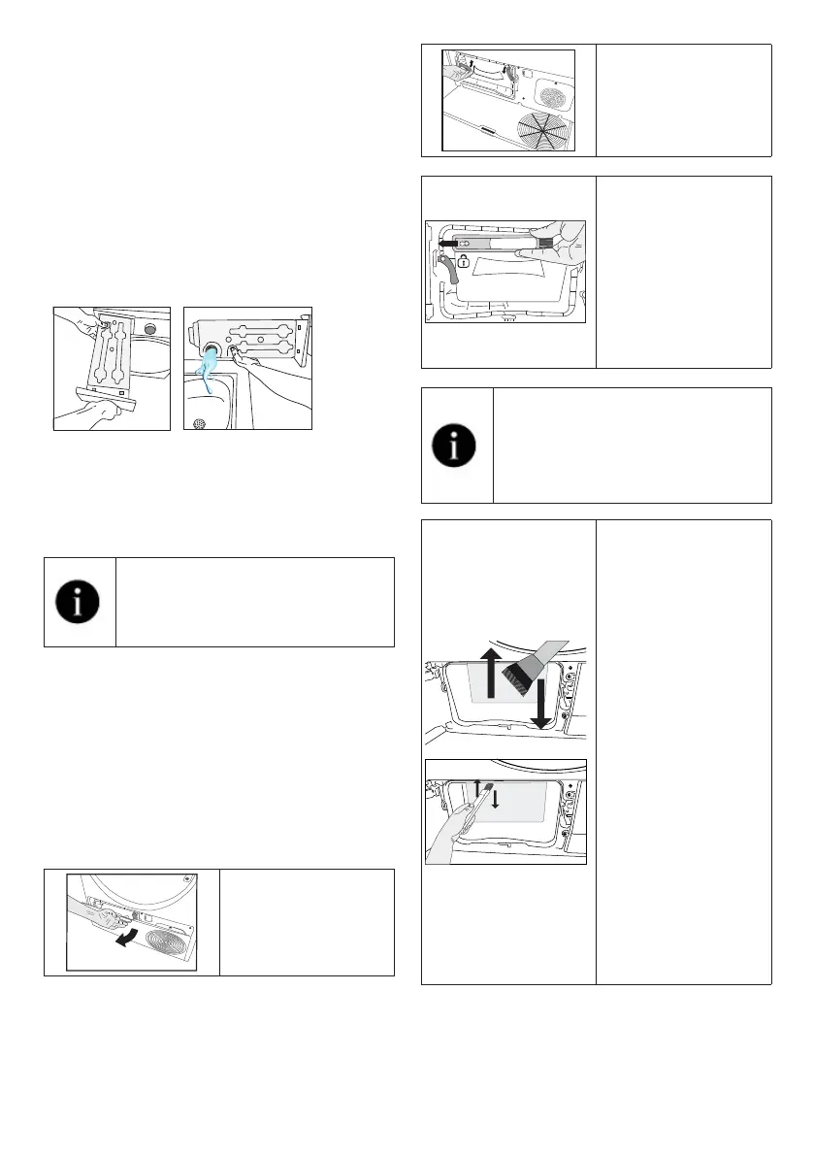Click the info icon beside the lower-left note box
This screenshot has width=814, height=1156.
tap(80, 602)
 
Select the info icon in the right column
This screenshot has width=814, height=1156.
tap(456, 445)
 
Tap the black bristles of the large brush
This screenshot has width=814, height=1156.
tap(517, 669)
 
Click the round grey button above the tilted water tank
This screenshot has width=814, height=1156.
tap(148, 328)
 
